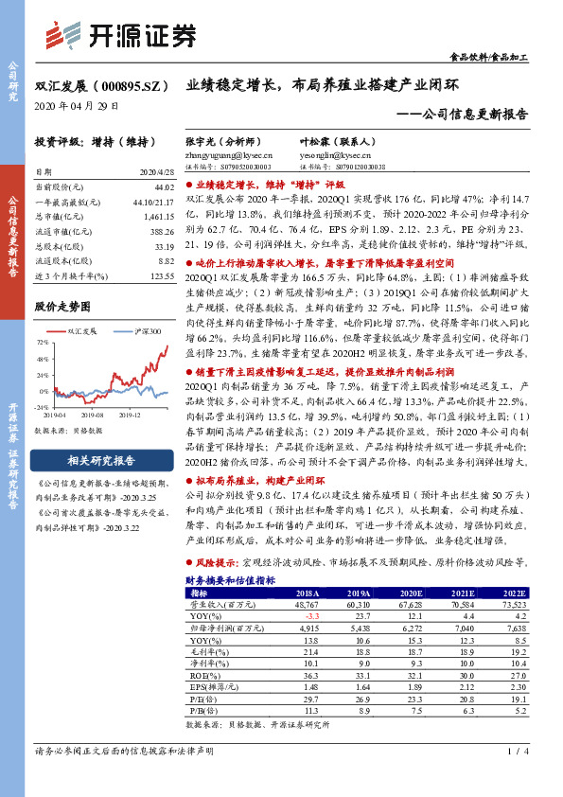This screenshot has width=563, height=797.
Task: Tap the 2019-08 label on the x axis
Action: tap(93, 414)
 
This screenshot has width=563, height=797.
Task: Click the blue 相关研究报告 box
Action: tap(105, 461)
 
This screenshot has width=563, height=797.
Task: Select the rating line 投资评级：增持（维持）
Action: tap(94, 142)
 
